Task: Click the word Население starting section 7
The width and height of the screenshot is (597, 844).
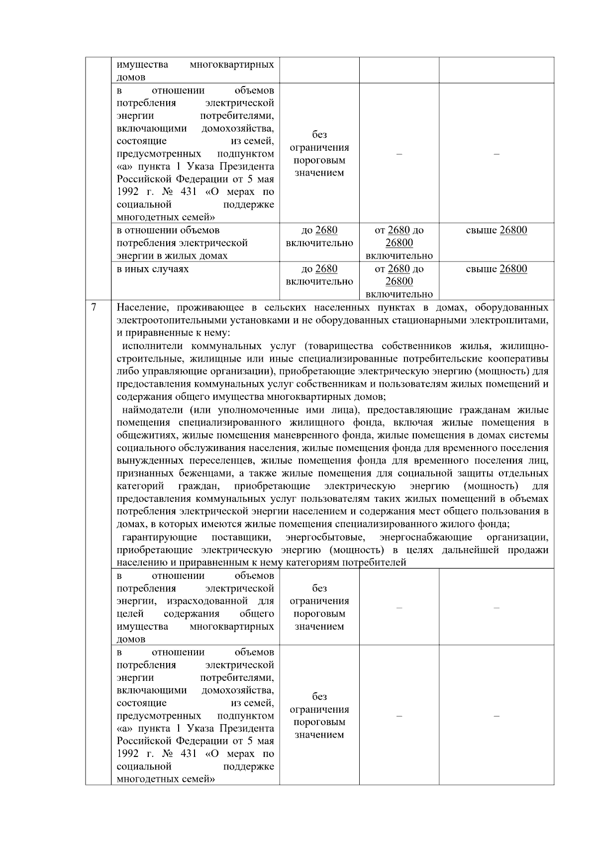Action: [x=141, y=307]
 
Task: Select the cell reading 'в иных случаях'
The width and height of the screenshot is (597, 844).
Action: [x=152, y=269]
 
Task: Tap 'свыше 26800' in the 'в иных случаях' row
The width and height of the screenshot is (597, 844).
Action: [x=496, y=269]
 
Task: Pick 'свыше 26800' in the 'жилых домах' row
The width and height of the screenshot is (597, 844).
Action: [x=496, y=230]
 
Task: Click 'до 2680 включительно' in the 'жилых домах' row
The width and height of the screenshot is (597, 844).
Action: [x=319, y=237]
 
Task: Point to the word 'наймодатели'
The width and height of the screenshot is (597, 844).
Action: [x=152, y=410]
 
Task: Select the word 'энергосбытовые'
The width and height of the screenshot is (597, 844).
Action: [x=325, y=537]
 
